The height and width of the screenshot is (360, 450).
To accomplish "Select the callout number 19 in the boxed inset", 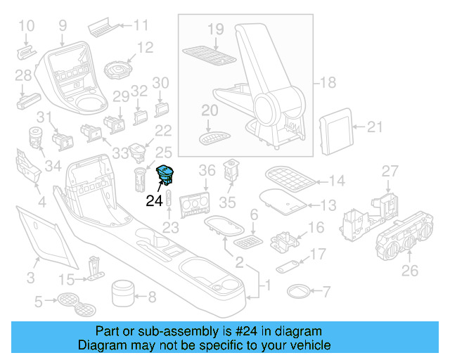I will coord(215,29).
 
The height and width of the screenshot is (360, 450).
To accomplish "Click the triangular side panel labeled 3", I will coord(42,232).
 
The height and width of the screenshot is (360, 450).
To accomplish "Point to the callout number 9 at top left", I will coord(63,26).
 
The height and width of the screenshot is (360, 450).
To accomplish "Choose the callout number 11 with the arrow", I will coord(141,27).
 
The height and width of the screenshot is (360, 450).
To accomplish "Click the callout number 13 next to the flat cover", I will coord(328,205).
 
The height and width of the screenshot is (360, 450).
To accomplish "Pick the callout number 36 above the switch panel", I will coord(207,171).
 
